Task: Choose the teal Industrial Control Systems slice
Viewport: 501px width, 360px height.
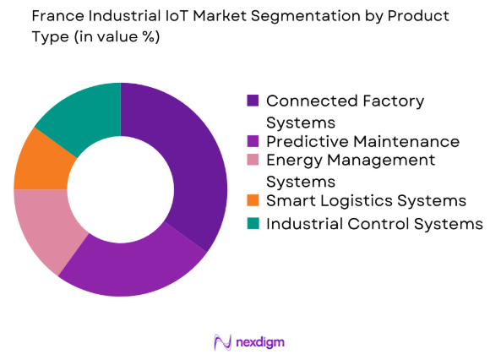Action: (79, 114)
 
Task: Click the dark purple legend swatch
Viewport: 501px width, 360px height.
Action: (253, 101)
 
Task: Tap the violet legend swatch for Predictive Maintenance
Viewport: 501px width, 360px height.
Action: (253, 141)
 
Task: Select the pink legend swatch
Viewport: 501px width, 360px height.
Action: (253, 161)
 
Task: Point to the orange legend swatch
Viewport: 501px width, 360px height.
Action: (253, 200)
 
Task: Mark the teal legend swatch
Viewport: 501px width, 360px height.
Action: (253, 223)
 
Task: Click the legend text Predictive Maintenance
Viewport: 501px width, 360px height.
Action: (362, 141)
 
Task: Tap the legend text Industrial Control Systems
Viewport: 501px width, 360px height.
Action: (374, 223)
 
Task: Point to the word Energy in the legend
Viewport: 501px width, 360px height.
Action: (291, 161)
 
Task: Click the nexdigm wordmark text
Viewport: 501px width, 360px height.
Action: (261, 342)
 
